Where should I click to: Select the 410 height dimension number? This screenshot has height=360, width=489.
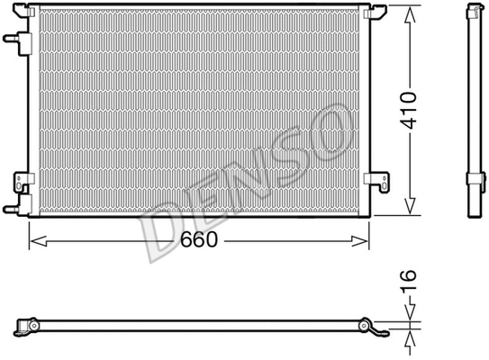coord(410,110)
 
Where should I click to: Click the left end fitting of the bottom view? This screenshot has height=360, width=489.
coord(27,324)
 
